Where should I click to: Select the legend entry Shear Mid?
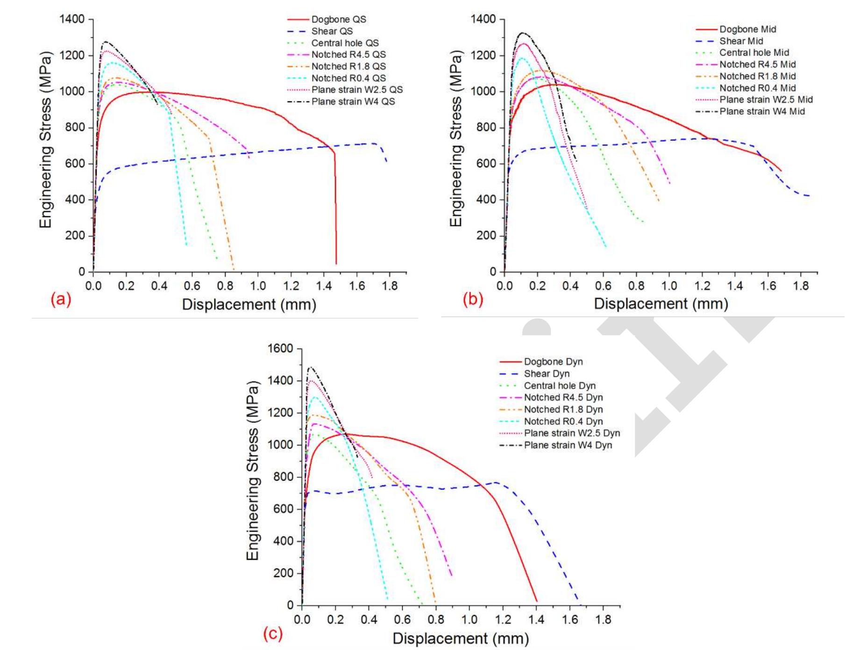741,41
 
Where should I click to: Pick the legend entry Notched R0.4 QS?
348,78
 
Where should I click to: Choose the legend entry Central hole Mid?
754,53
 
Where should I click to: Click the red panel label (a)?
61,299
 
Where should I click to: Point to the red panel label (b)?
473,299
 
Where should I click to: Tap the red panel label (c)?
273,634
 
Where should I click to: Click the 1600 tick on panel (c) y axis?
280,349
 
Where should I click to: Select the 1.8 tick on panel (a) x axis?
390,286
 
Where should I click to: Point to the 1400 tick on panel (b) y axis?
483,19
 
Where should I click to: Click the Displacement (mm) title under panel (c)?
461,638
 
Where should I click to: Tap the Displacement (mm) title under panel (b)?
661,304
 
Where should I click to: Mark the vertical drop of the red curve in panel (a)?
335,210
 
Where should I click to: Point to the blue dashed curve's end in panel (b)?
808,195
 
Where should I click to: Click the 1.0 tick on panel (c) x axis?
469,620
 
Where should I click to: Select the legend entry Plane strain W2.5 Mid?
766,100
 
